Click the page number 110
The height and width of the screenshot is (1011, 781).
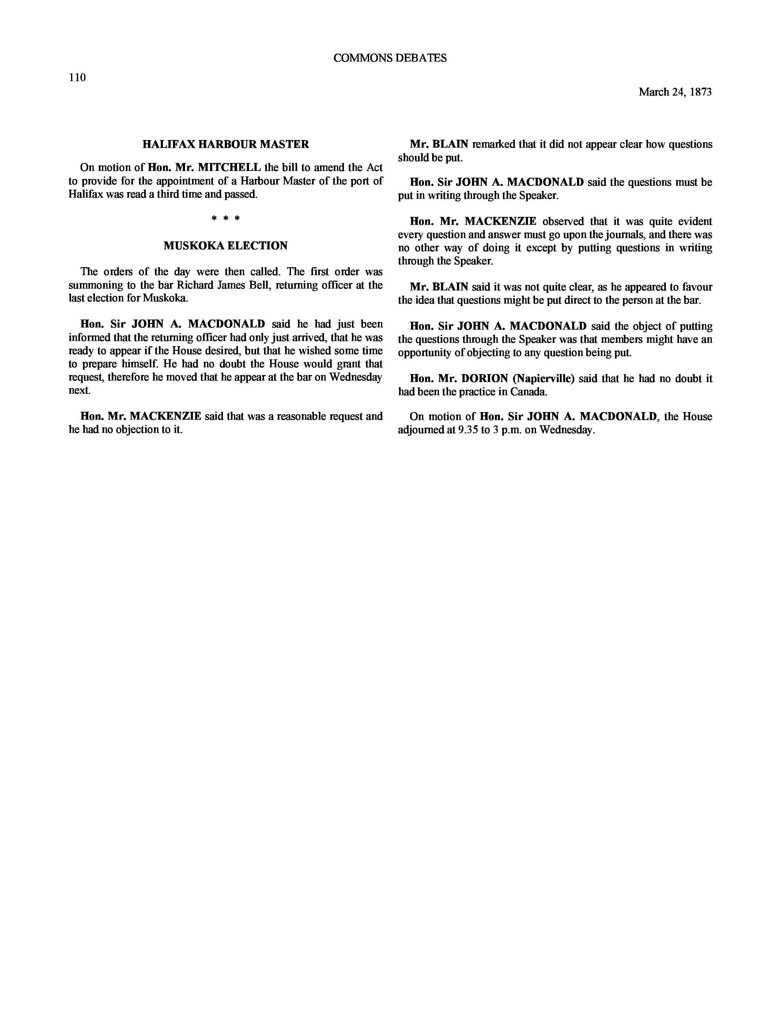77,77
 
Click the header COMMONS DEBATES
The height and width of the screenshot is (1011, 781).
390,58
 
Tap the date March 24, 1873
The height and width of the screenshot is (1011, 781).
675,92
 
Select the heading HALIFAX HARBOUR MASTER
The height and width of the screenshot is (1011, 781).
226,144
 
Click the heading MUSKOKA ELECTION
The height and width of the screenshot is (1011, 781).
225,246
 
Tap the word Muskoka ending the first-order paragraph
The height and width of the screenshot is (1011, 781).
165,298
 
